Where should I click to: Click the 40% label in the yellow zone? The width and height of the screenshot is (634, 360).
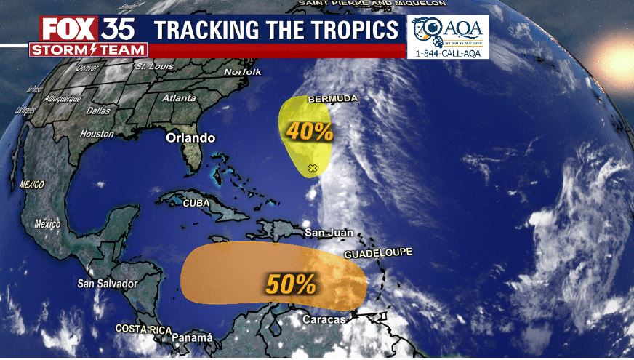[310, 131]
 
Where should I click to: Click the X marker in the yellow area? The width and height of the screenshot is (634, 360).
[313, 169]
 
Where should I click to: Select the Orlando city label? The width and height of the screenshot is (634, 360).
[190, 137]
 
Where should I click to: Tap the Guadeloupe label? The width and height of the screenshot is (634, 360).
[378, 253]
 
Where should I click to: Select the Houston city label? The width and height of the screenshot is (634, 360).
[97, 134]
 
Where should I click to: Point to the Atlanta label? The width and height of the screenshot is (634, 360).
[179, 97]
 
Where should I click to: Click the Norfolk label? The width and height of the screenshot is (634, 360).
[242, 73]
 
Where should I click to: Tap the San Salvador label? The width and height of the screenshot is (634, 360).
[108, 283]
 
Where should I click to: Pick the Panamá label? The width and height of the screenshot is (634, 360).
[192, 337]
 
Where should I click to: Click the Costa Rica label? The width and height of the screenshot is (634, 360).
[143, 329]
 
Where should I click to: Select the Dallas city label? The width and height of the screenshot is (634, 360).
[97, 111]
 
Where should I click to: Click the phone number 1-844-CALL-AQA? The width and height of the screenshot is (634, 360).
[448, 53]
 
